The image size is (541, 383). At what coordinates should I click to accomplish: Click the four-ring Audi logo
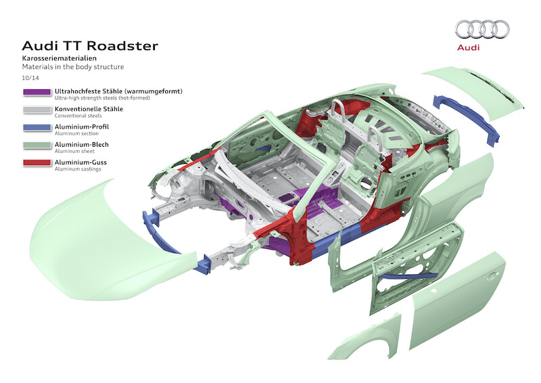(x=482, y=28)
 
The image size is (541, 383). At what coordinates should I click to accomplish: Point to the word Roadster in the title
(x=124, y=46)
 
